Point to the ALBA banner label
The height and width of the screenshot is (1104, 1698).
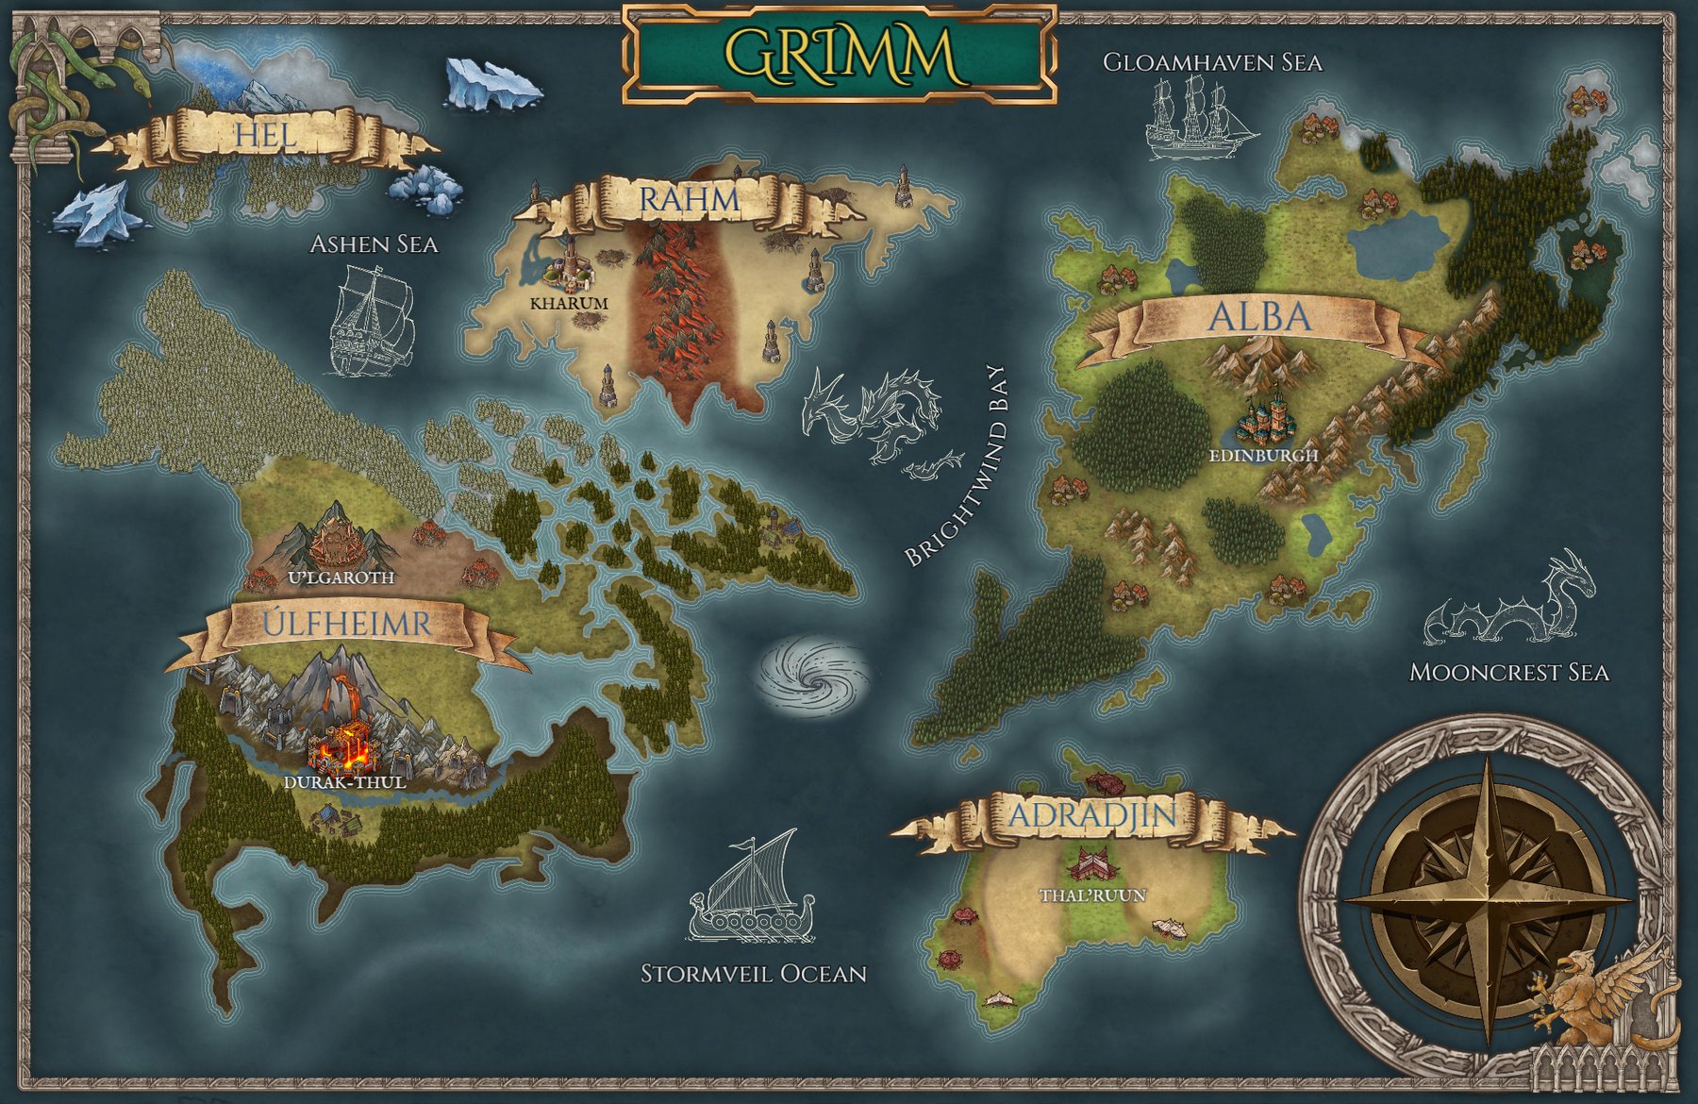[1259, 317]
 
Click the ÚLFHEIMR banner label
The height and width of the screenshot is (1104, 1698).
[346, 624]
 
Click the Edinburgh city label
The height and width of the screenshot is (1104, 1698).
[1263, 455]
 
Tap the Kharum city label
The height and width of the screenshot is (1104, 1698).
[569, 304]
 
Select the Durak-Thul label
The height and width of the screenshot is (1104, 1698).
[345, 782]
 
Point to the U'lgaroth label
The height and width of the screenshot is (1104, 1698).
[341, 577]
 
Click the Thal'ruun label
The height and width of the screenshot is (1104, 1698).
[1092, 895]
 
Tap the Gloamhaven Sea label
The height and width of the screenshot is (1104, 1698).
[1212, 63]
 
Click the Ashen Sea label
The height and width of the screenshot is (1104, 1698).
[374, 244]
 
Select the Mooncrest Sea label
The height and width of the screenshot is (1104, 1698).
[1508, 673]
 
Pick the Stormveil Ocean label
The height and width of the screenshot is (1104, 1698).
[753, 974]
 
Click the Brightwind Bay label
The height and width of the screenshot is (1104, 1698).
[956, 466]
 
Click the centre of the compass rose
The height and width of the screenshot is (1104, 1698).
[1488, 896]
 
